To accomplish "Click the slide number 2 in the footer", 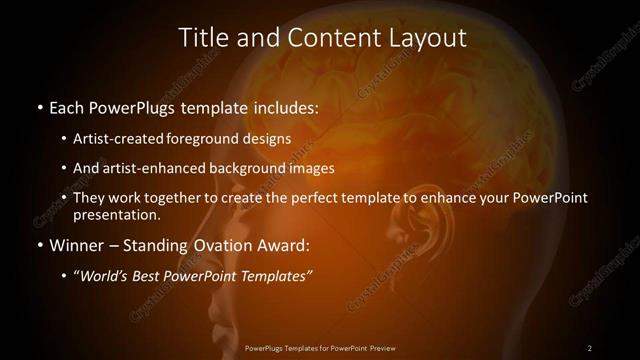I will [x=590, y=348].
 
